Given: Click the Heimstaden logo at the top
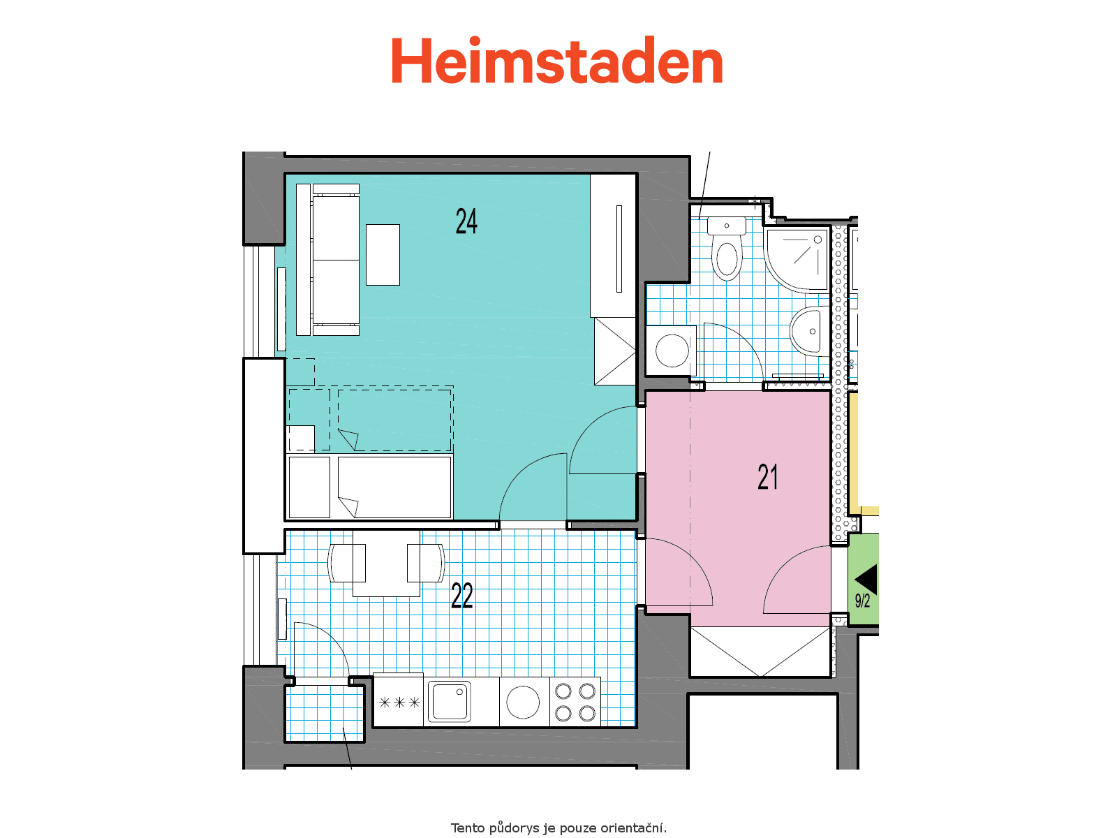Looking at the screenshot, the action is click(x=556, y=60).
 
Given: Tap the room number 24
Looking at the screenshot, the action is click(x=466, y=221).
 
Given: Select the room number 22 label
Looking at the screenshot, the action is click(x=461, y=595).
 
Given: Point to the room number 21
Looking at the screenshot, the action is click(x=767, y=477).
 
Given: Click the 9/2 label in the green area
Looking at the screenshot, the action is click(x=862, y=601).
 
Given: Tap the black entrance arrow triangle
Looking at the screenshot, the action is click(x=866, y=579).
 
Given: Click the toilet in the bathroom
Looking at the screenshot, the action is click(x=727, y=249).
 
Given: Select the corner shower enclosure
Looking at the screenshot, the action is click(x=797, y=260).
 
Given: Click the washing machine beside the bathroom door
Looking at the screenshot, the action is click(x=671, y=351).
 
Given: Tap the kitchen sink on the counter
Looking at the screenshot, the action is click(x=450, y=702).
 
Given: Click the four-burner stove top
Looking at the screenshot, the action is click(x=575, y=702).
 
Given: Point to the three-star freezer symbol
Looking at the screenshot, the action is click(x=399, y=703).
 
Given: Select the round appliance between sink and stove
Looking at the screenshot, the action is click(x=523, y=702).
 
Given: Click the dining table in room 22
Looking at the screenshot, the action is click(x=386, y=563).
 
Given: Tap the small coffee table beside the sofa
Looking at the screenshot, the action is click(x=383, y=254).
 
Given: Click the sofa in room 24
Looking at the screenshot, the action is click(x=327, y=260).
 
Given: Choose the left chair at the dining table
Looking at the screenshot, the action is click(x=346, y=563).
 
